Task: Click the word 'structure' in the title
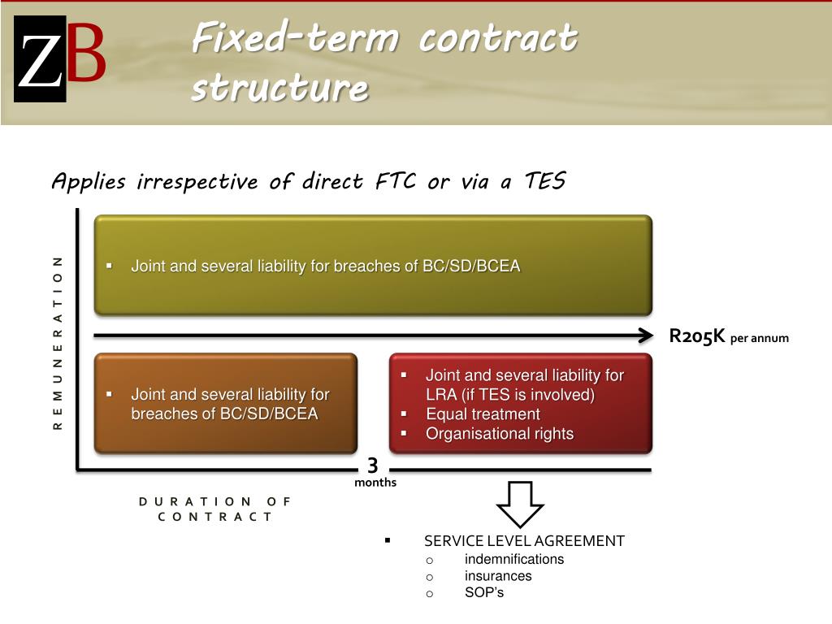click(279, 89)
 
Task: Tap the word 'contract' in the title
click(498, 38)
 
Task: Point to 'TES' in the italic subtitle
click(544, 181)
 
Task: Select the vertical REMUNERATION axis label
click(58, 342)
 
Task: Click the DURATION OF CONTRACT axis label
click(214, 509)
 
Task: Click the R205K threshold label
click(697, 336)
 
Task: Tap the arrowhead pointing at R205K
click(646, 335)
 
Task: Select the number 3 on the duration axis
click(373, 466)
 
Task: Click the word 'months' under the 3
click(375, 483)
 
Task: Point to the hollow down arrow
click(520, 504)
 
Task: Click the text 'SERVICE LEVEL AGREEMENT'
click(524, 541)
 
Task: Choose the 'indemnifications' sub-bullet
click(513, 559)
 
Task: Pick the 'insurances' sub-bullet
click(498, 576)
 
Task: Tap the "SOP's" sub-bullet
click(484, 592)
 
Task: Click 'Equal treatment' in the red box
click(483, 414)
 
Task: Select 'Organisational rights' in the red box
click(500, 434)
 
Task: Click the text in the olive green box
click(325, 266)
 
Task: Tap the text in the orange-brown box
click(230, 404)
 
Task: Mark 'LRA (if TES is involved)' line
click(510, 395)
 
